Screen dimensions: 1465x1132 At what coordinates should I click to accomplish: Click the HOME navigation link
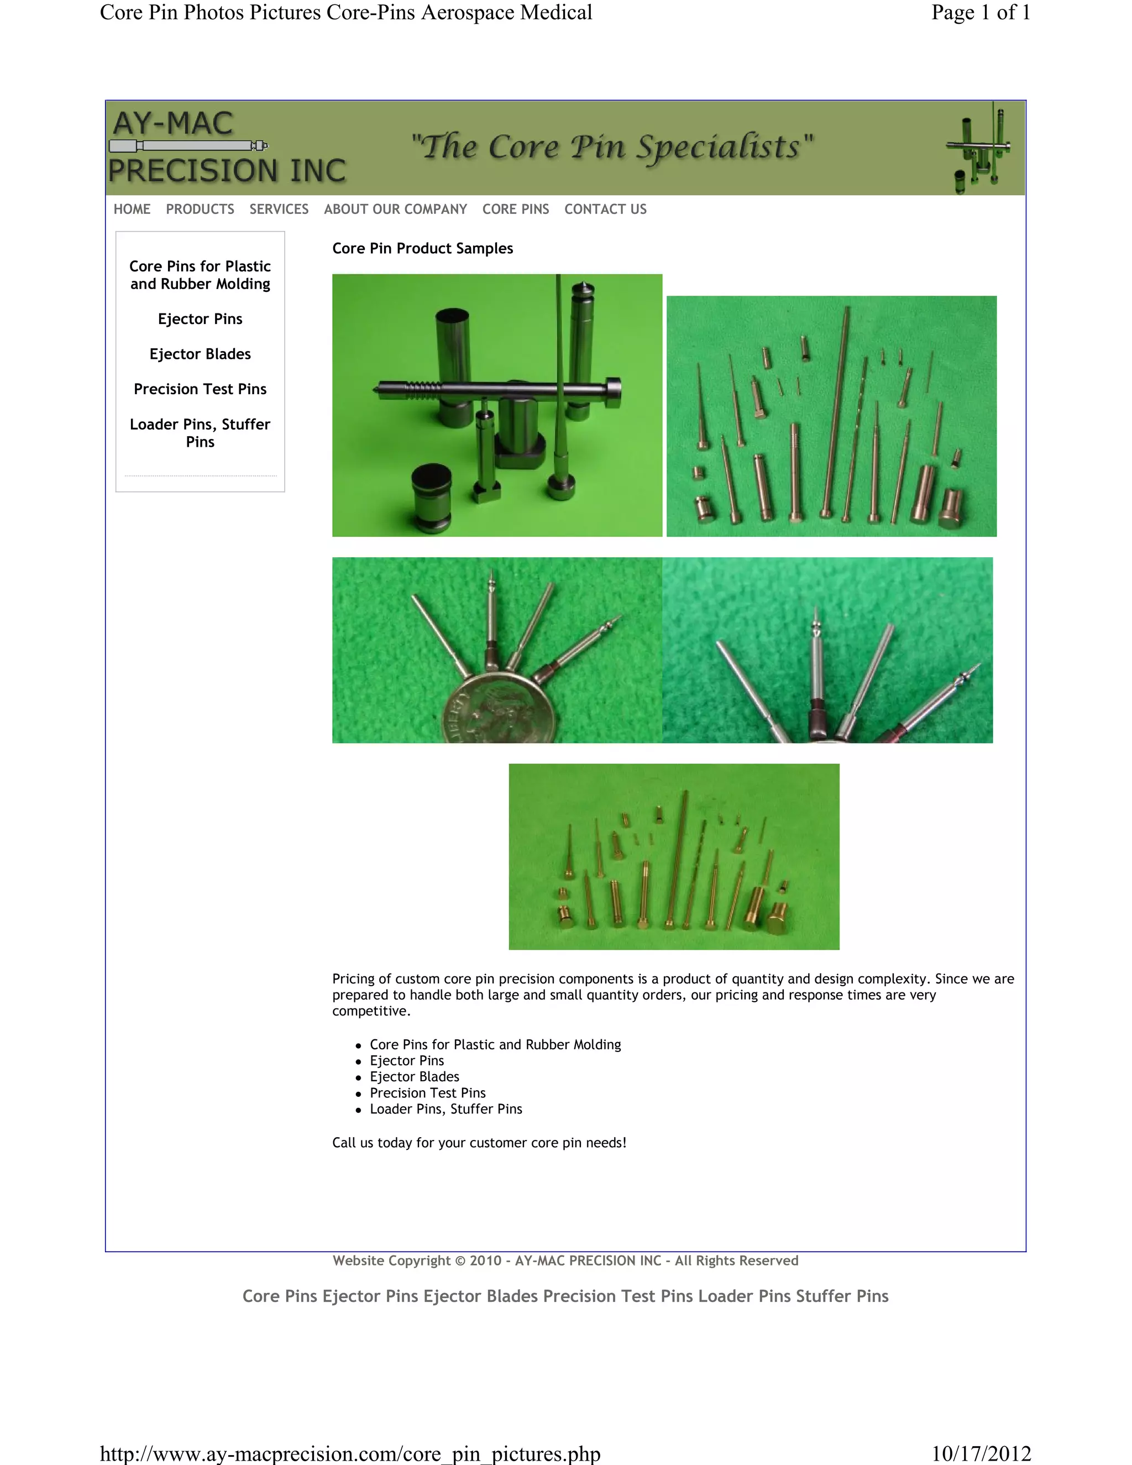(x=132, y=210)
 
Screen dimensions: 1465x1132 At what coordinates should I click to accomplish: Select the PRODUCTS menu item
(x=200, y=210)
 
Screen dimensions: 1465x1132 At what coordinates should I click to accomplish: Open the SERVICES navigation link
(x=279, y=210)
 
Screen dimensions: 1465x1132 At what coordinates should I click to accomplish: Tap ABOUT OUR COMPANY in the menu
(x=395, y=210)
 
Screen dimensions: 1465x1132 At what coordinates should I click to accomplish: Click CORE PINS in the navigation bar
(x=515, y=210)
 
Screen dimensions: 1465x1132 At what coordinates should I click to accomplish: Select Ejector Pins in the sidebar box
(x=200, y=320)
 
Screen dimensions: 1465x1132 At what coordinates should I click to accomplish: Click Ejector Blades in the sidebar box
(x=200, y=354)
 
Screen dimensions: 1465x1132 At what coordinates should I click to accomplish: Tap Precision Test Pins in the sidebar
(x=200, y=389)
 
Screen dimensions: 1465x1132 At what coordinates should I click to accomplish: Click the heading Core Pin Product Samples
(x=422, y=249)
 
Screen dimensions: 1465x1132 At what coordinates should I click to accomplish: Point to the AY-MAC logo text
(x=173, y=123)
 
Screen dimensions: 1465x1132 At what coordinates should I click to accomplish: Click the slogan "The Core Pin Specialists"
(x=612, y=147)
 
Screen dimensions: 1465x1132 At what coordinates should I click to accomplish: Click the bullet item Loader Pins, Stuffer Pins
(x=446, y=1109)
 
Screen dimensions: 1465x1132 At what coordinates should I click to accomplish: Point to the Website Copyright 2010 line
(x=565, y=1260)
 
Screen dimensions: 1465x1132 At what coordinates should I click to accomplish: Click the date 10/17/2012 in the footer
(x=981, y=1453)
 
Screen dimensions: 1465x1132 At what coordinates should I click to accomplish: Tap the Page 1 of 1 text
(x=980, y=13)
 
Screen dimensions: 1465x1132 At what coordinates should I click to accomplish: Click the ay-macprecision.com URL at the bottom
(x=349, y=1453)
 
